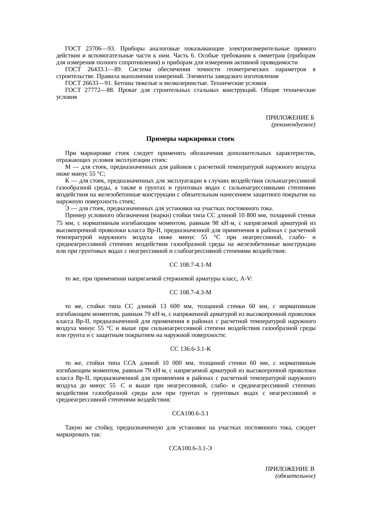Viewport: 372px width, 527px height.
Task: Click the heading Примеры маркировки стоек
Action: (x=190, y=139)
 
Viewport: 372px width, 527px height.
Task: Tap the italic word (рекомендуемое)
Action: (x=293, y=124)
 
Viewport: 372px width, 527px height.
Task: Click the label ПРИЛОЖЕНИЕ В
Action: (x=290, y=469)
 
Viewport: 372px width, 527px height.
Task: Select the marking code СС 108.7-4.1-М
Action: (x=190, y=265)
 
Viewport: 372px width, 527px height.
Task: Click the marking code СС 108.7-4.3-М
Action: (x=190, y=292)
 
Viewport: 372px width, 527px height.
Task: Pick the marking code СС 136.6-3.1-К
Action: (x=190, y=349)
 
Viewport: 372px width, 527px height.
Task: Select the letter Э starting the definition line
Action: (x=67, y=208)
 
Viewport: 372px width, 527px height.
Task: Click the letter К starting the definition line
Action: (x=67, y=181)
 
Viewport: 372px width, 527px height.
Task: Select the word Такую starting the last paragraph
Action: (x=73, y=427)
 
